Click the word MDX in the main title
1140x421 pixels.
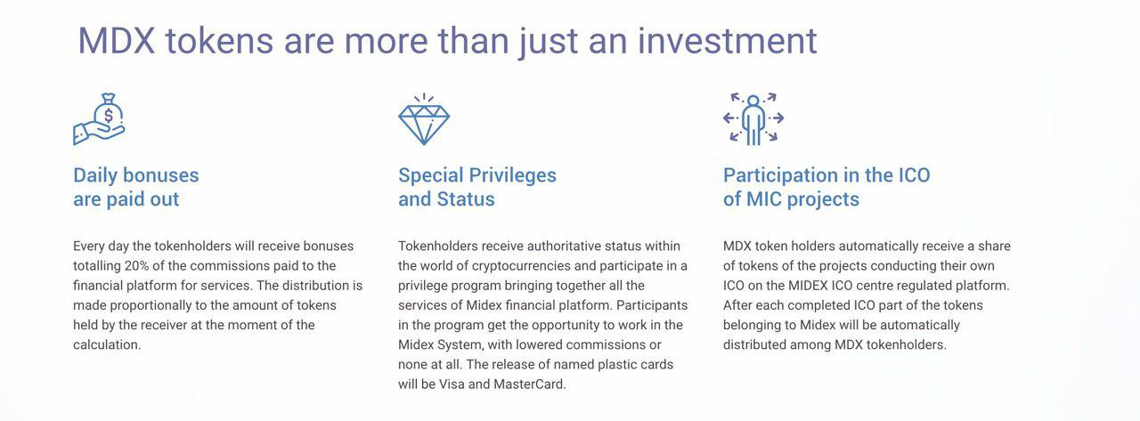point(116,41)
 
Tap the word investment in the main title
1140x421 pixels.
point(728,41)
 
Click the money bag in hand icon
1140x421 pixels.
point(99,119)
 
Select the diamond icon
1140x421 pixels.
point(424,119)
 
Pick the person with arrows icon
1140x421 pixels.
point(753,119)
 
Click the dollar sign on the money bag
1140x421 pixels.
point(109,116)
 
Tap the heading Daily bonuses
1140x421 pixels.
point(136,175)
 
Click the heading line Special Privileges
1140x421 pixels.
point(476,175)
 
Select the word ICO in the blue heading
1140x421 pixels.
point(914,175)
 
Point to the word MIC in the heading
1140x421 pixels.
point(764,198)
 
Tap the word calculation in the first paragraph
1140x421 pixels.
point(105,344)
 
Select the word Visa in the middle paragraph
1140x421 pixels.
point(452,384)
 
